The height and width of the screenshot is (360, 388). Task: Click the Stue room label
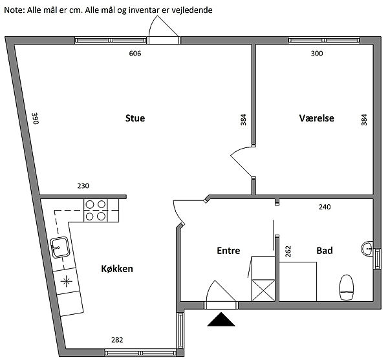[x=135, y=118]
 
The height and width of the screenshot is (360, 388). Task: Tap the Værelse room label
[x=316, y=118]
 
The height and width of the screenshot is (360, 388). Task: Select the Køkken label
[x=117, y=269]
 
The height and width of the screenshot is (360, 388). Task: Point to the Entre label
[x=228, y=251]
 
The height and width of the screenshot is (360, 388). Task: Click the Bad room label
[x=325, y=251]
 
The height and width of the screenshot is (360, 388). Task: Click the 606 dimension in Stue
[x=135, y=54]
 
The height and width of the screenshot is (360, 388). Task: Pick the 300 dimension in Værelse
[x=317, y=54]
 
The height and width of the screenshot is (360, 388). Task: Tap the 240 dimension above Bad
[x=325, y=207]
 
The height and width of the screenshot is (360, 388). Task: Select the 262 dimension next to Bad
[x=288, y=251]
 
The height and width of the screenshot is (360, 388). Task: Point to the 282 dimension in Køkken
[x=117, y=340]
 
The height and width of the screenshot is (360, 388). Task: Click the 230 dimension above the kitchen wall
[x=83, y=186]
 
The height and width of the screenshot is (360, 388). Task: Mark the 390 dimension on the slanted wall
[x=36, y=118]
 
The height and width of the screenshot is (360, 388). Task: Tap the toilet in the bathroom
[x=347, y=288]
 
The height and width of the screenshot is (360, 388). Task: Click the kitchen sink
[x=59, y=248]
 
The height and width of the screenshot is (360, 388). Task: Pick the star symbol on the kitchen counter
[x=67, y=281]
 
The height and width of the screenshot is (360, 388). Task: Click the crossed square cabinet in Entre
[x=263, y=290]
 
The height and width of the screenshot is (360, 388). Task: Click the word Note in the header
[x=14, y=10]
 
